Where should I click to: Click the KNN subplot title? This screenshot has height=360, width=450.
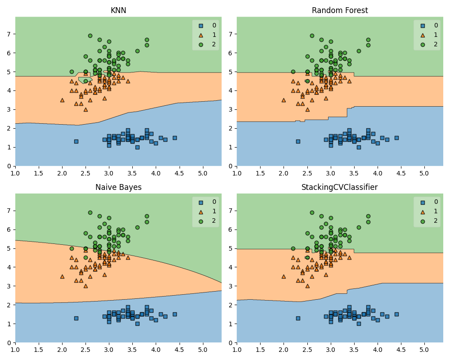[118, 10]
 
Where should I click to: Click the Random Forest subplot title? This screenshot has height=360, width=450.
[340, 10]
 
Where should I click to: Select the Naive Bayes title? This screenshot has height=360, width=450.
[118, 187]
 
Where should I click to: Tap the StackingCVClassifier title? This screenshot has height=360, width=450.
[340, 187]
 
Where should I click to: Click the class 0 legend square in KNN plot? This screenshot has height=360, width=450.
[201, 26]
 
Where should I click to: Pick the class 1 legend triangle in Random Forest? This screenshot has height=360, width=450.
[422, 35]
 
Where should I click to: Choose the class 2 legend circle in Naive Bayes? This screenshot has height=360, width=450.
[201, 220]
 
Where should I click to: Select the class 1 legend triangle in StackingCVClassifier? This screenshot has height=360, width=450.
[422, 211]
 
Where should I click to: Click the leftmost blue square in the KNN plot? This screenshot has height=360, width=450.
[76, 141]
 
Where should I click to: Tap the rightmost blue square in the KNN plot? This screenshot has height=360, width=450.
[175, 138]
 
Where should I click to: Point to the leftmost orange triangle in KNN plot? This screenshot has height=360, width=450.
[62, 100]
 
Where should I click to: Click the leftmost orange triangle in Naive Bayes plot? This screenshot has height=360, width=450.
[62, 276]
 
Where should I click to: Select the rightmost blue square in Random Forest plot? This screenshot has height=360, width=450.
[396, 138]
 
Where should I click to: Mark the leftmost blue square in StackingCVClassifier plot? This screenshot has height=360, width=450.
[298, 318]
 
